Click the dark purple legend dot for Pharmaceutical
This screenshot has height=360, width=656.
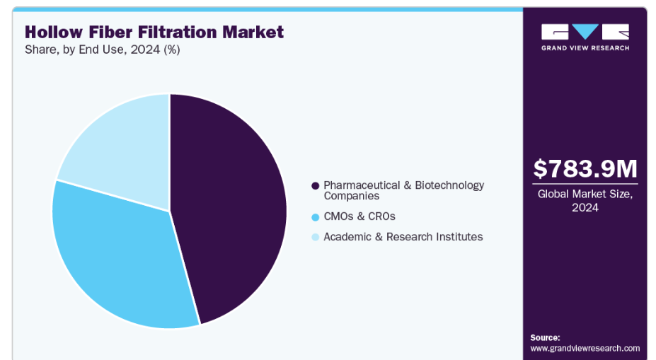coord(315,185)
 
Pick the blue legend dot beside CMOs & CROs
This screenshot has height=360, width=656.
coord(315,216)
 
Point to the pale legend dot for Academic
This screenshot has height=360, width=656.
coord(315,237)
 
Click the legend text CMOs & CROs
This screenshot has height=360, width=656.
coord(359,216)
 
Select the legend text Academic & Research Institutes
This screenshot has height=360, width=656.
coord(403,237)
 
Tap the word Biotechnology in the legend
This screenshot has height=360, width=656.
coord(451,185)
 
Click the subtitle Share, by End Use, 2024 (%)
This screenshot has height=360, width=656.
coord(103,51)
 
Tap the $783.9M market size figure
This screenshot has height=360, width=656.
coord(585,169)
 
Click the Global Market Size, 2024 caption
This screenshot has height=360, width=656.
coord(585,200)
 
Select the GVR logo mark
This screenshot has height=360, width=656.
coord(585,33)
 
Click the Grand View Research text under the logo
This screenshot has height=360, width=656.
coord(585,48)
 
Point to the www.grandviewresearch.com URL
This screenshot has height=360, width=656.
coord(585,348)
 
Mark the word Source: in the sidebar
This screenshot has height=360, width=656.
coord(545,337)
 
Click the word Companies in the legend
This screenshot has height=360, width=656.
coord(352,196)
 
